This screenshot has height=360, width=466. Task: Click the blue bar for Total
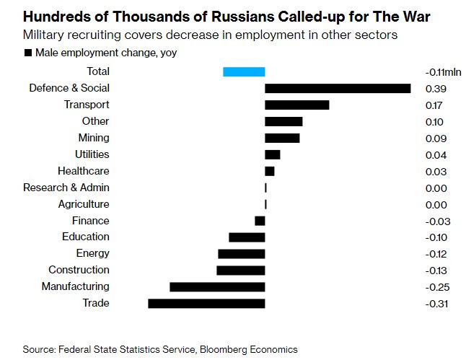tap(244, 71)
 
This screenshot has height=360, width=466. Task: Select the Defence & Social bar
tap(338, 88)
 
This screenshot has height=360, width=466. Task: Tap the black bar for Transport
tap(296, 105)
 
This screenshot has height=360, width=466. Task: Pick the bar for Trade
tap(206, 303)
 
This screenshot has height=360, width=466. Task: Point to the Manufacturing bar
tap(217, 286)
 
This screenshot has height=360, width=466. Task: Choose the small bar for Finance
tap(260, 221)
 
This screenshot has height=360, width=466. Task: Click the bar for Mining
tap(282, 138)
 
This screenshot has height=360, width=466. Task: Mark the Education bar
tap(247, 237)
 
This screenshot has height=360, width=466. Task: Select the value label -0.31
tap(436, 304)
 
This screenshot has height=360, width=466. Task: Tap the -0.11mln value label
tap(443, 72)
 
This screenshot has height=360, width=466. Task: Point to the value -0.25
tap(436, 287)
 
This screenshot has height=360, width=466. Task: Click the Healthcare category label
tap(84, 171)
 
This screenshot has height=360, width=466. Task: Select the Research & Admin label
tap(66, 188)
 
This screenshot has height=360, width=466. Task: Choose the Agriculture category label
tap(84, 204)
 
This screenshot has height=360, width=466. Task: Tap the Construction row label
tap(79, 270)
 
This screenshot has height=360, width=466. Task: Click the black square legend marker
tap(27, 53)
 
